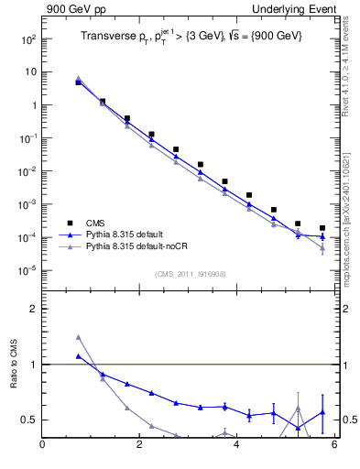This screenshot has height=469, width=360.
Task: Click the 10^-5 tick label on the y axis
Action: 27,270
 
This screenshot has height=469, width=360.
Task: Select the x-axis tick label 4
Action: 237,446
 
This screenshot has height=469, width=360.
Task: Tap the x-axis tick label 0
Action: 42,446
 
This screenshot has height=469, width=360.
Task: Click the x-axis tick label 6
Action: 334,446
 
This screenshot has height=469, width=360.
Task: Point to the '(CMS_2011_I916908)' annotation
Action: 190,274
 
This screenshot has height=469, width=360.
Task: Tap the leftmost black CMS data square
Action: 79,82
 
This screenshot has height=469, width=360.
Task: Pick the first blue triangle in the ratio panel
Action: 79,356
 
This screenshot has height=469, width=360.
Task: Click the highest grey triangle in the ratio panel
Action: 79,337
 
